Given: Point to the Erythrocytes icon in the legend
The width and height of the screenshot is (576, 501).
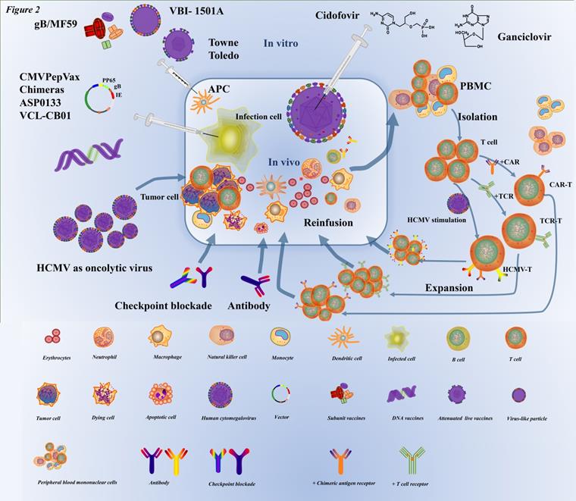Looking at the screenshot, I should (x=52, y=337).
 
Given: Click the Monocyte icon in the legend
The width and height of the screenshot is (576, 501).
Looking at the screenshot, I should (x=280, y=337).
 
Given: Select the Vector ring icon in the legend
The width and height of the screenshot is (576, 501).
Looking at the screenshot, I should (x=280, y=393).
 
